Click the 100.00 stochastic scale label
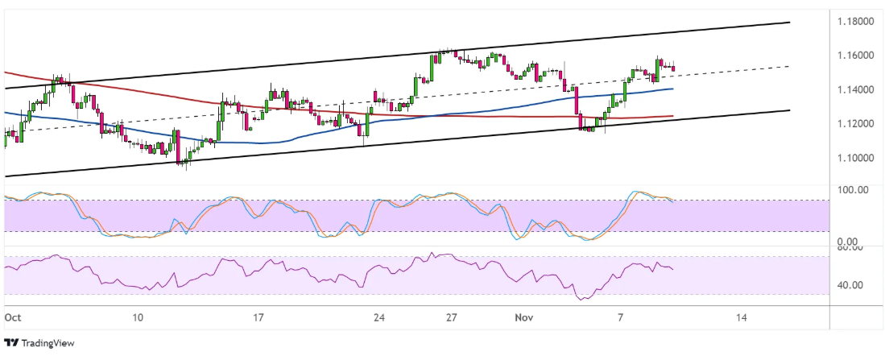tap(853, 190)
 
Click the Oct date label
tap(12, 318)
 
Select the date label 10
tap(138, 318)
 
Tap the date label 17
tap(258, 318)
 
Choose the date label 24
tap(379, 318)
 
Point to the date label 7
tap(621, 318)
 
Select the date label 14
tap(742, 318)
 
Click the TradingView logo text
tap(45, 343)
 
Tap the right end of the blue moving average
tap(673, 89)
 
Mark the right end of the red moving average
tap(673, 116)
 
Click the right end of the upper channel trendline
tap(789, 22)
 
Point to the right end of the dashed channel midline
tap(789, 66)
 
